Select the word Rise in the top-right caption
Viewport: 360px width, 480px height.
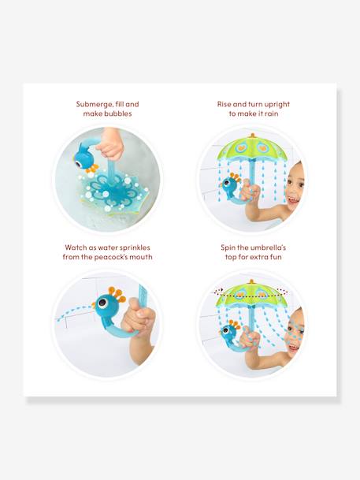[x=227, y=104]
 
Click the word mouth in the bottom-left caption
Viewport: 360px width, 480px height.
[x=139, y=258]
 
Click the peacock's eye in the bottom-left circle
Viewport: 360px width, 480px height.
[x=102, y=301]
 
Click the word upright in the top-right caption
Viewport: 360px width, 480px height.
[x=270, y=104]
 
